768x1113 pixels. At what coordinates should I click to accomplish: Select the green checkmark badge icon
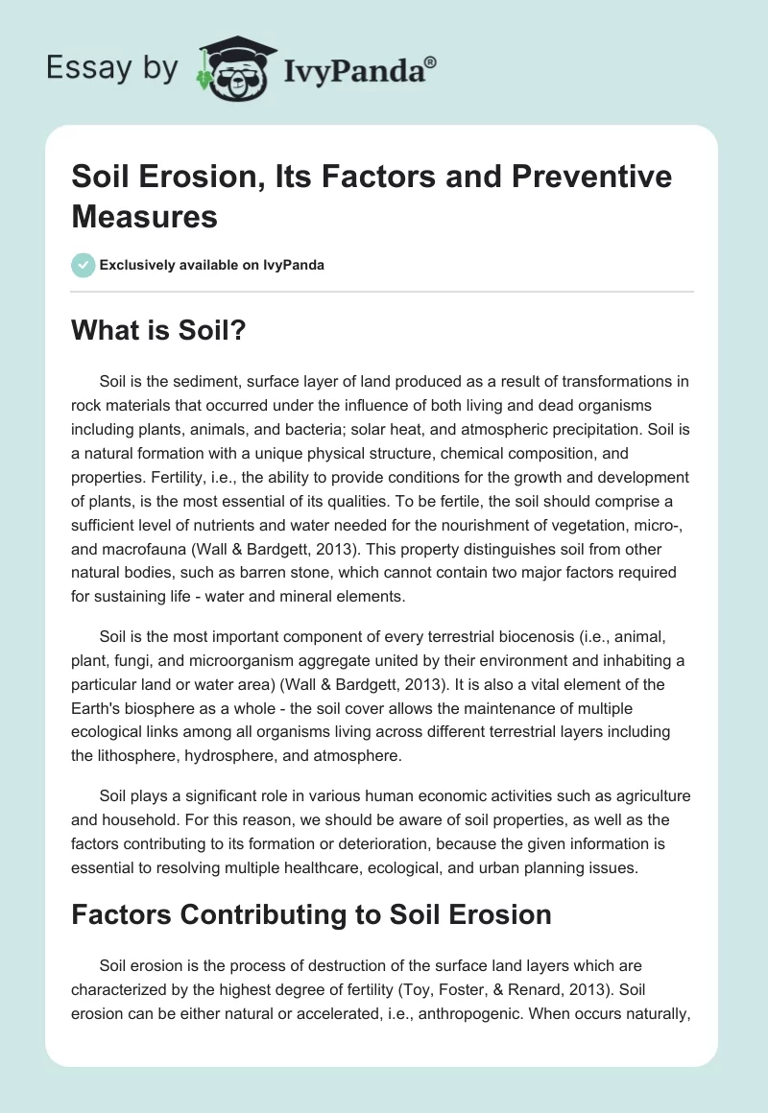pos(84,265)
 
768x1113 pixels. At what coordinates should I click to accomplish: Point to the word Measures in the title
pos(144,216)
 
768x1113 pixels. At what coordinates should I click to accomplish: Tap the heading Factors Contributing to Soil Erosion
pos(311,914)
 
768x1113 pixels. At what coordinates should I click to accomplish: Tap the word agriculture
pos(648,796)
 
